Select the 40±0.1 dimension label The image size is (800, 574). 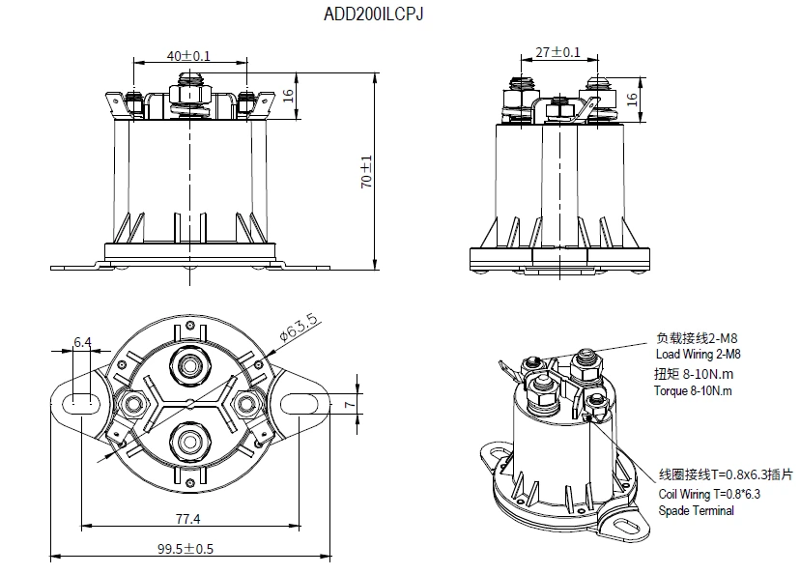tap(188, 55)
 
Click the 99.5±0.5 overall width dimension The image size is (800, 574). tap(187, 548)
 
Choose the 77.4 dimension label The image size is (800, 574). tap(187, 519)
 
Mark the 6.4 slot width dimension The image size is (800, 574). tap(82, 342)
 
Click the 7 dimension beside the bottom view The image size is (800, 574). tap(349, 401)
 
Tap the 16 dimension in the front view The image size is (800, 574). tap(287, 99)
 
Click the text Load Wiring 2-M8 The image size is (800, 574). tap(698, 355)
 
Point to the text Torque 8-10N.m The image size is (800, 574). tap(693, 391)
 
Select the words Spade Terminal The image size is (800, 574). tap(696, 510)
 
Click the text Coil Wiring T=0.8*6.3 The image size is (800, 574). tap(709, 495)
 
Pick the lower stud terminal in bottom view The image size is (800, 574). tap(188, 441)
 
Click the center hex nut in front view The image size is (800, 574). tap(188, 95)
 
